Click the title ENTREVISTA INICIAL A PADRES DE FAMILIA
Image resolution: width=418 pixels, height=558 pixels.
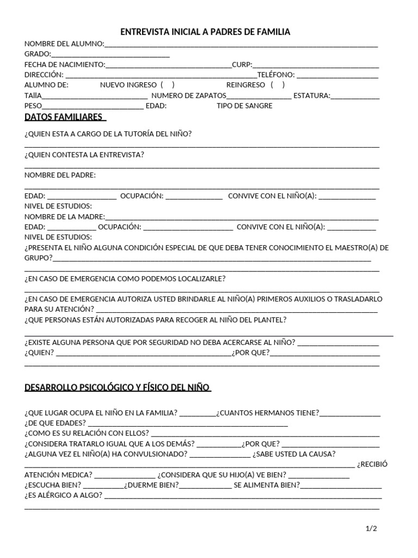click(205, 32)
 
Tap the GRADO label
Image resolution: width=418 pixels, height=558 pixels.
click(38, 54)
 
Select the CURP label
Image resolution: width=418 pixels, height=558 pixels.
click(242, 64)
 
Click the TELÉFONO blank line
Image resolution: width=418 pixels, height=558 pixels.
click(337, 75)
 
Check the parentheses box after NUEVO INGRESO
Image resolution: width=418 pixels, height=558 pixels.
click(167, 85)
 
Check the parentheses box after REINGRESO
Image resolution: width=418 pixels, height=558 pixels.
click(277, 85)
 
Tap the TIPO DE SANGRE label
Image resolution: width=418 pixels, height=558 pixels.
click(244, 106)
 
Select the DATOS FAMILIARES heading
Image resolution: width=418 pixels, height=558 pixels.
click(64, 117)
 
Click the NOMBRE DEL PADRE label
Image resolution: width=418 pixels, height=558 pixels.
click(60, 175)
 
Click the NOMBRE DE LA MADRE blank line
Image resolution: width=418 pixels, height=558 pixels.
click(242, 217)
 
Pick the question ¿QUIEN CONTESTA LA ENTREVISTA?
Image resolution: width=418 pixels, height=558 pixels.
click(84, 155)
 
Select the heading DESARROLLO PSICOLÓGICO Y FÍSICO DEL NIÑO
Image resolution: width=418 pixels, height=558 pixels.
click(117, 387)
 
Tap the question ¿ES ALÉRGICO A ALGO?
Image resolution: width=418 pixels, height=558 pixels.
click(63, 495)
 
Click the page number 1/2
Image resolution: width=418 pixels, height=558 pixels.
click(371, 529)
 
